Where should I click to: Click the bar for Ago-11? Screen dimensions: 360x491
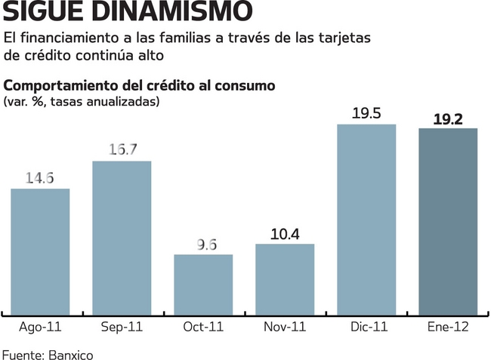coord(40,251)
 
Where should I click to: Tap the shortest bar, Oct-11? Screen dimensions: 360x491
coord(203,285)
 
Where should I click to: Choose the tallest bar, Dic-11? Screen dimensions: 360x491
coord(366,219)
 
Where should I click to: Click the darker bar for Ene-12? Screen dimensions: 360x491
coord(448,221)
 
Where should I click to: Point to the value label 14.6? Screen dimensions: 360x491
coord(40,179)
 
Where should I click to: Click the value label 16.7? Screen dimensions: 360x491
coord(122,149)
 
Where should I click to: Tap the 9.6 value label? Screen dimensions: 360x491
coord(203,244)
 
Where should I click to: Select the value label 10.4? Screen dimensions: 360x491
coord(285,234)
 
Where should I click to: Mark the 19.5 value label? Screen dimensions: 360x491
coord(366,113)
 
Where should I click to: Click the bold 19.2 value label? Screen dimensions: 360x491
coord(448,118)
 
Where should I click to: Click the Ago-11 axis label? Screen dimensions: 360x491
coord(40,328)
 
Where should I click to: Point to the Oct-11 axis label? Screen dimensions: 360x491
coord(203,328)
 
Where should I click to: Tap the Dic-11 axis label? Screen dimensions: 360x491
coord(366,328)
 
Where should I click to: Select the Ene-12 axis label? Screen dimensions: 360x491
coord(448,328)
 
